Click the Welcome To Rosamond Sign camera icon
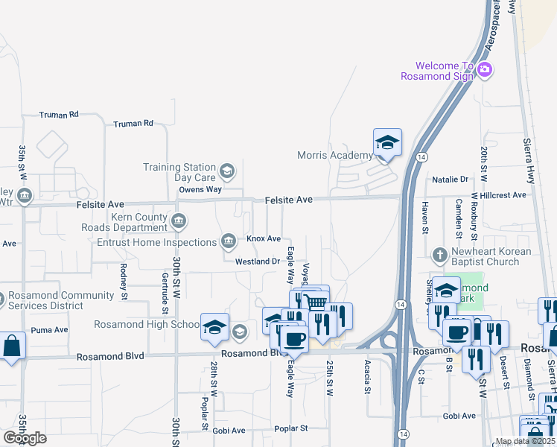[x=485, y=70]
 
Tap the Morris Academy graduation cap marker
[x=387, y=142]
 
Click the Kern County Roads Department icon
[x=179, y=221]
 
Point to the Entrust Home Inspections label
[x=157, y=242]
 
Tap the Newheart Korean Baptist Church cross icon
[x=440, y=256]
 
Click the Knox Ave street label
[x=264, y=238]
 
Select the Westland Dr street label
[x=258, y=261]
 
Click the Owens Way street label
[x=200, y=189]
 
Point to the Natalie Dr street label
[x=451, y=180]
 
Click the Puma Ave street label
[x=49, y=329]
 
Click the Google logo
[x=25, y=437]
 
